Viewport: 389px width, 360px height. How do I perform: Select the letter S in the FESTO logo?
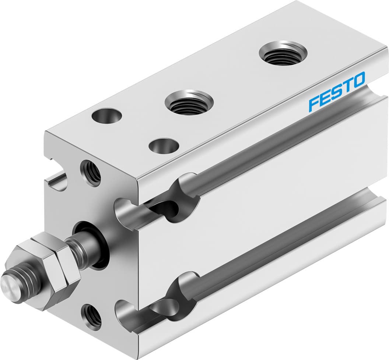pyautogui.click(x=335, y=92)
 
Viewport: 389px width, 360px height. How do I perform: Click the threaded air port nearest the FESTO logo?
pyautogui.click(x=283, y=54)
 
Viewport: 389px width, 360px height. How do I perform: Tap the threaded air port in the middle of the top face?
pyautogui.click(x=189, y=102)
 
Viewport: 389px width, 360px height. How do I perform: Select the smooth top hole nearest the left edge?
pyautogui.click(x=107, y=116)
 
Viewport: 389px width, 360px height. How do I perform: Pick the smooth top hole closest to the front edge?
pyautogui.click(x=164, y=145)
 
